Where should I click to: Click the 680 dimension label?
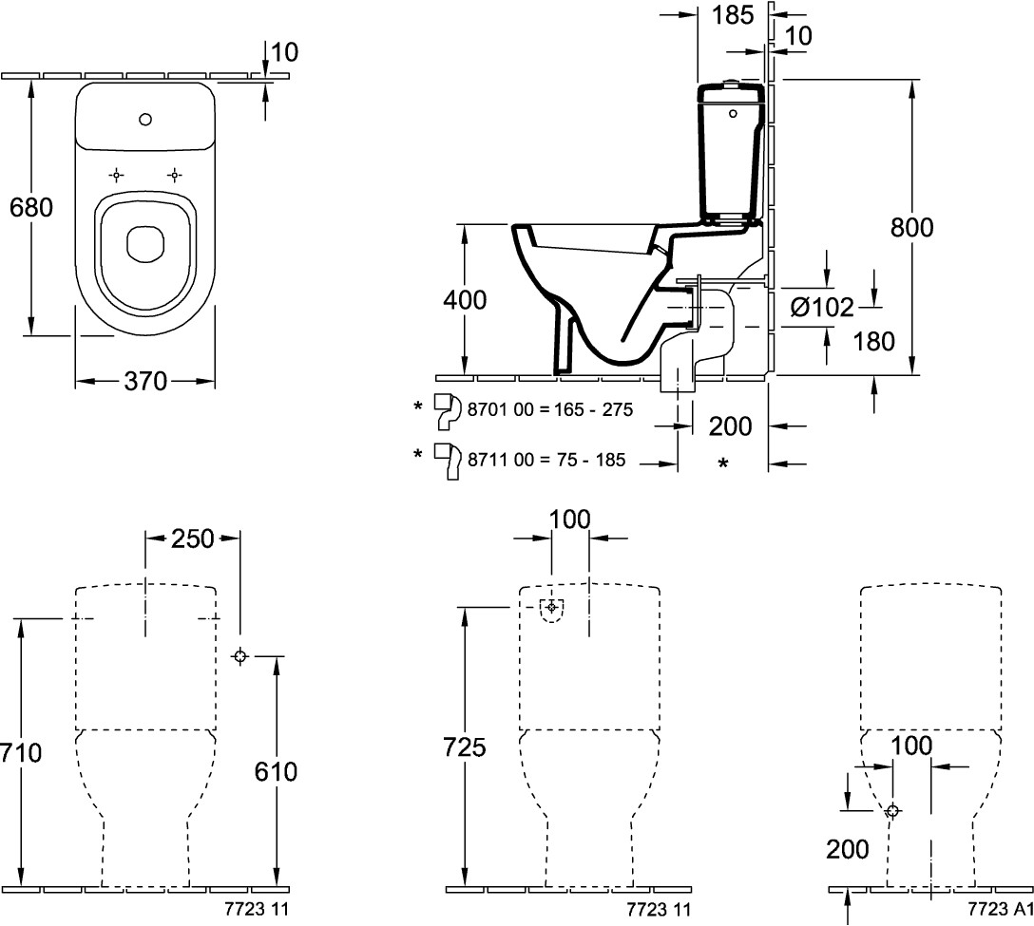(31, 206)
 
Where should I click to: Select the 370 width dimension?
(144, 382)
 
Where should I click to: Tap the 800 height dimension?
(912, 228)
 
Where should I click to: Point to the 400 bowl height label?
(466, 301)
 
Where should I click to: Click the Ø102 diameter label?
(822, 307)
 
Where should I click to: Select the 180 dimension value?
(874, 340)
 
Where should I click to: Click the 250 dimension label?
(192, 539)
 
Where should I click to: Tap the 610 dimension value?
(276, 771)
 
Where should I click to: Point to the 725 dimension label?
(466, 747)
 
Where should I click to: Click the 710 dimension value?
(21, 753)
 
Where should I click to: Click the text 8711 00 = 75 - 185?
(546, 460)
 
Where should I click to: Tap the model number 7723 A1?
(1000, 910)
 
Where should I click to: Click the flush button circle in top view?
(145, 120)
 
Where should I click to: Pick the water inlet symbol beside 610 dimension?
(239, 655)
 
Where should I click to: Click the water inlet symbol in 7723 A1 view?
(892, 810)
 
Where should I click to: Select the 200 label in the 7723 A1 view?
(848, 849)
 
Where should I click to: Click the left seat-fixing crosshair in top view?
(116, 175)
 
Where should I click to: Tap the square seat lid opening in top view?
(144, 243)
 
